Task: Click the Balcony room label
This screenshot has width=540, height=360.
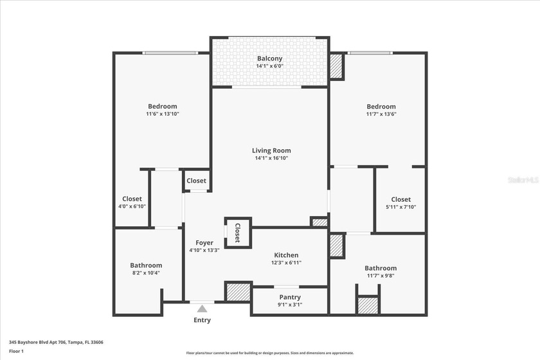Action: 270,59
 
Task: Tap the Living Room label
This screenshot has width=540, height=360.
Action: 271,150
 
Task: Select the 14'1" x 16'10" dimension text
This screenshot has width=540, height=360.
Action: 271,158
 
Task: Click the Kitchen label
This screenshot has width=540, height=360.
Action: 286,255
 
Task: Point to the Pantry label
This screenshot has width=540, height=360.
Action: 291,297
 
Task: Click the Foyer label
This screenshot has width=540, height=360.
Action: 204,243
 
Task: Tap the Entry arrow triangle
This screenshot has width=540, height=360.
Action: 203,309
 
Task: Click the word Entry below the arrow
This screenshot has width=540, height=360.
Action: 202,320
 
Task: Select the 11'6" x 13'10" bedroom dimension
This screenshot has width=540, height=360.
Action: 162,114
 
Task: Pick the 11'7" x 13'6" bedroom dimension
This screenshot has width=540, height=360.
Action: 381,114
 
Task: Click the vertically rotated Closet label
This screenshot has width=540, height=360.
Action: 237,232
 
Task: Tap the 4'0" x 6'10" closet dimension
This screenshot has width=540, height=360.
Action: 132,206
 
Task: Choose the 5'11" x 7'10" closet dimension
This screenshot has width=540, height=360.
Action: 401,206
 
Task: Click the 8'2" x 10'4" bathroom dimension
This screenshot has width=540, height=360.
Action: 146,273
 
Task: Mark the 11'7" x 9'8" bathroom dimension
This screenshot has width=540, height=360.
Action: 381,275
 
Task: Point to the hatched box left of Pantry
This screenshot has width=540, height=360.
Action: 237,291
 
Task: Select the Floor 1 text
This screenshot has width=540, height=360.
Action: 16,351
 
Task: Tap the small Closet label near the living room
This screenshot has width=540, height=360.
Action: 197,181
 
